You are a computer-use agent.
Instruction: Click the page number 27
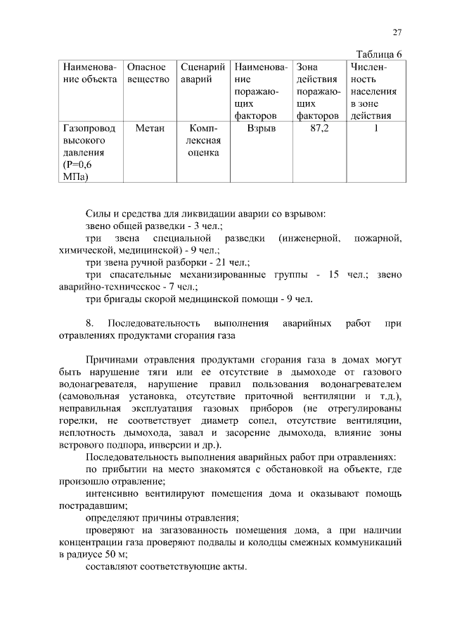[x=397, y=32]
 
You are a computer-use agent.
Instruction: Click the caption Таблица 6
[x=379, y=55]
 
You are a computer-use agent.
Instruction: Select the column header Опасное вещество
[x=148, y=74]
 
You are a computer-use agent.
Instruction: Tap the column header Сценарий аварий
[x=203, y=74]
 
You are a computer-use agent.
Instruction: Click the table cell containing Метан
[x=149, y=129]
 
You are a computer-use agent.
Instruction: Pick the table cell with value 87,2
[x=319, y=129]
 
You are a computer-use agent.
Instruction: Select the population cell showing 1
[x=376, y=129]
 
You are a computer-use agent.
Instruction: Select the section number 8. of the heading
[x=89, y=323]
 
